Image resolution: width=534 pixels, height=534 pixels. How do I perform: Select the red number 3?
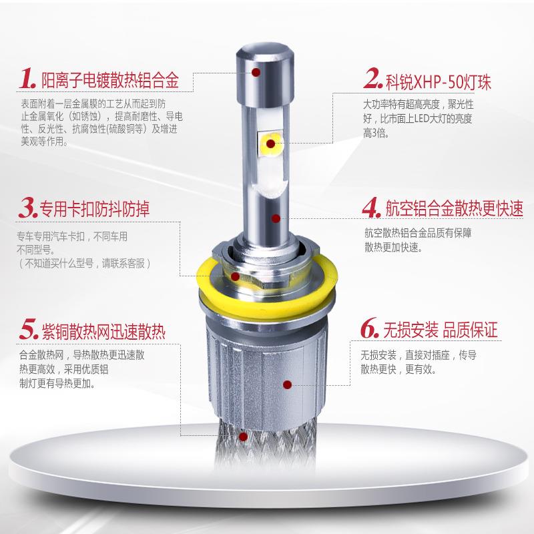[27, 208]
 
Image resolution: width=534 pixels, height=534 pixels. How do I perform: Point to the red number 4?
[371, 208]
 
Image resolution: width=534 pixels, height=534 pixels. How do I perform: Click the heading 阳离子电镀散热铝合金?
[111, 81]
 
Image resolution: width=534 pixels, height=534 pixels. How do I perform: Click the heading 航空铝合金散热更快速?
[454, 209]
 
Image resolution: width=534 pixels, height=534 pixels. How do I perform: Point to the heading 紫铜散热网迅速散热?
[110, 330]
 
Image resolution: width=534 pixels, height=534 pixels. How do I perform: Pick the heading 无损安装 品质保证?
[441, 330]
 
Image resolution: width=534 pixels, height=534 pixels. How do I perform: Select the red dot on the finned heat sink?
[286, 385]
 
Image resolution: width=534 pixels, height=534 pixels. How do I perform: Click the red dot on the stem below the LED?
[276, 218]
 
